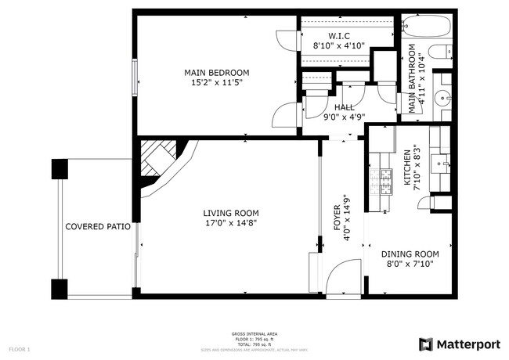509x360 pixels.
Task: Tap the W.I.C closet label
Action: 338,36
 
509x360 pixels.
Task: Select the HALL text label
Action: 344,107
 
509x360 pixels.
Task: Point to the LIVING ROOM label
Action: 231,212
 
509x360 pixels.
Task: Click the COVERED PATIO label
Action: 92,226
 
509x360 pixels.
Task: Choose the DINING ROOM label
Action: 410,254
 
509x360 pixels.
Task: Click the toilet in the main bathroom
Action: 442,52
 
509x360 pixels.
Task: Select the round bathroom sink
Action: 443,99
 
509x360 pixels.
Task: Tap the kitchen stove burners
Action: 385,182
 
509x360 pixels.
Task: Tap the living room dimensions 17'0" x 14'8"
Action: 231,223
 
